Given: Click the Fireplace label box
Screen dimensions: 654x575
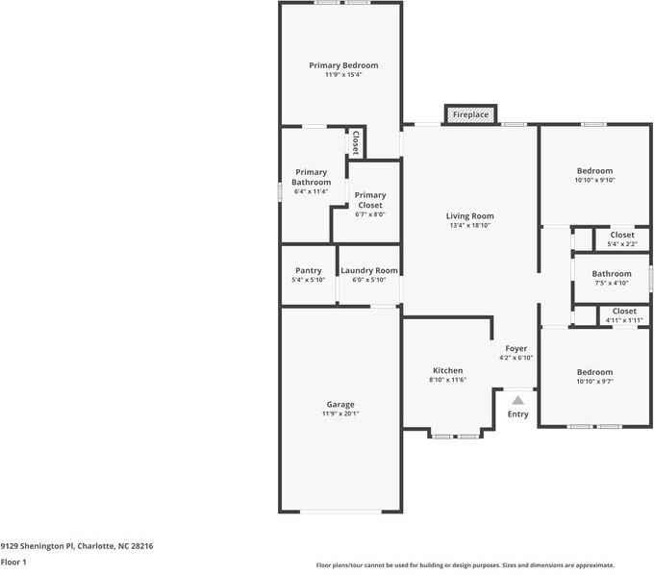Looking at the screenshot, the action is pos(470,114).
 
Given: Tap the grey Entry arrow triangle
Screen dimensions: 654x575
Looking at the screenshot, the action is pos(518,400).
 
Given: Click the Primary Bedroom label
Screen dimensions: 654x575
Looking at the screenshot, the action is pos(343,65).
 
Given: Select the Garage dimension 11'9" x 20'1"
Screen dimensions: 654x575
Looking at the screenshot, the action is pos(340,413).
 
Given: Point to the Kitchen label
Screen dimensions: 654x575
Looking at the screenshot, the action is pos(448,370).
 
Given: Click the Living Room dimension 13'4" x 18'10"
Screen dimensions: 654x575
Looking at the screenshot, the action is pos(470,225).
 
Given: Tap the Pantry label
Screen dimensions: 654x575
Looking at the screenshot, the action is pos(309,270).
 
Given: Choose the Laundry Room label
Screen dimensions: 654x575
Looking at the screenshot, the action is pos(369,270).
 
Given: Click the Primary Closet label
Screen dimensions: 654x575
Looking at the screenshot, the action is pos(370,200).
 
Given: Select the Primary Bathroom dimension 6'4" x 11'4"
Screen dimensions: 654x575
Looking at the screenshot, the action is pos(312,191).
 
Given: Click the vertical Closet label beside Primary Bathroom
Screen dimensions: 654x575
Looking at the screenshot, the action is pos(356,143).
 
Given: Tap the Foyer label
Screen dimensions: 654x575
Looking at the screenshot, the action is pos(516,349).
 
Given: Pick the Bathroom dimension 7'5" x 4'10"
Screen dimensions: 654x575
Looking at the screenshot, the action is pos(612,283).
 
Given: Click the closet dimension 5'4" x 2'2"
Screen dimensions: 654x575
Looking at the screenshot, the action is pos(622,244).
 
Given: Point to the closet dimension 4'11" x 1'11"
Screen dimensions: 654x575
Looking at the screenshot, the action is pos(624,320).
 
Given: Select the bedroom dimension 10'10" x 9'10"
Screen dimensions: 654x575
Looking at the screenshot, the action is pos(594,180).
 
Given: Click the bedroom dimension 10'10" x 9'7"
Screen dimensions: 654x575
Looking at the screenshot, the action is pos(594,381).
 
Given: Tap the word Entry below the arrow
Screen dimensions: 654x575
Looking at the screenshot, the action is pos(518,414).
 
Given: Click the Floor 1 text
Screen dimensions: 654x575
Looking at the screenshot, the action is pos(13,562).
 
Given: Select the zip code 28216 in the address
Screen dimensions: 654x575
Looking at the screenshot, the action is pos(142,546).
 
